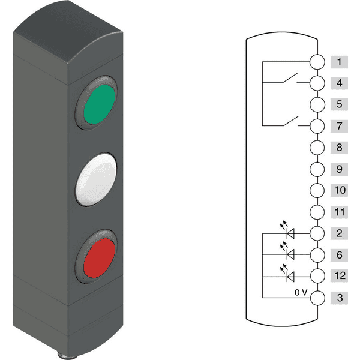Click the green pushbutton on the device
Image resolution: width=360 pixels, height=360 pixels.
click(x=99, y=104)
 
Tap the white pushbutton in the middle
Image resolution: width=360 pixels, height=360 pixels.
click(x=96, y=179)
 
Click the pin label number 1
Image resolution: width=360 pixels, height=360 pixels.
click(x=339, y=62)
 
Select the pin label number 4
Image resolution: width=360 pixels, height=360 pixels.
click(x=339, y=83)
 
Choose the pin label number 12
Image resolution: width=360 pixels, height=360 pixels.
click(x=339, y=276)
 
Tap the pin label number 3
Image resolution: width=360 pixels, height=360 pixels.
click(x=339, y=298)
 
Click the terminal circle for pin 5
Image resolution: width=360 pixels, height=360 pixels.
click(x=317, y=104)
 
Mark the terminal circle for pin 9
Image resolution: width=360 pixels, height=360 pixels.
click(x=317, y=169)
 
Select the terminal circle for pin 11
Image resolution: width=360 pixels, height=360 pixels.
click(x=317, y=212)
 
